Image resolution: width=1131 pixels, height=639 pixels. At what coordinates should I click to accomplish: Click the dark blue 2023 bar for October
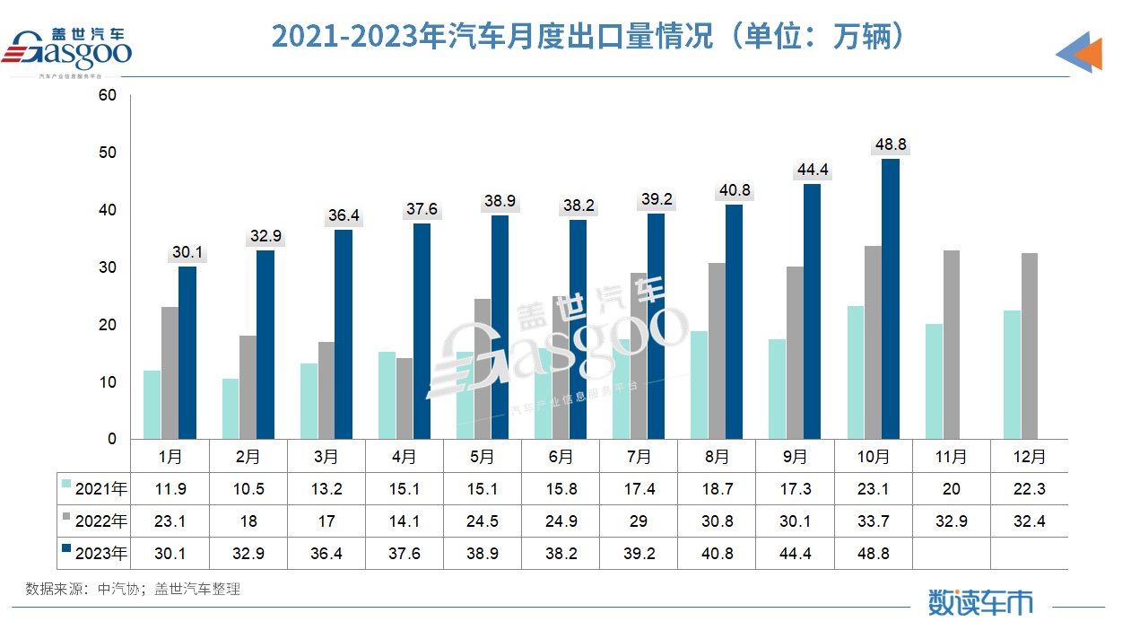[x=890, y=299]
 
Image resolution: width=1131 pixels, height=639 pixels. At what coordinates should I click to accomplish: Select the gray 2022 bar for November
[x=951, y=345]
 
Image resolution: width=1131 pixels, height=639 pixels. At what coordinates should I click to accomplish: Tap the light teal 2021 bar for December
[x=1011, y=374]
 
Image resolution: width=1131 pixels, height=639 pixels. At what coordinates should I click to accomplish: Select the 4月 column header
[x=405, y=457]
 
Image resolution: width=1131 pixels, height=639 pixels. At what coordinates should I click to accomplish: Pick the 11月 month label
[x=951, y=457]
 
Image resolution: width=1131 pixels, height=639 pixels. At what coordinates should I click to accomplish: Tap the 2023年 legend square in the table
[x=66, y=553]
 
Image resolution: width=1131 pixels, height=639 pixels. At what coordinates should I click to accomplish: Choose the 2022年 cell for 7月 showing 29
[x=639, y=521]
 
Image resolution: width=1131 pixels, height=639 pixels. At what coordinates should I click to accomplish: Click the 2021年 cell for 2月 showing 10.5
[x=248, y=489]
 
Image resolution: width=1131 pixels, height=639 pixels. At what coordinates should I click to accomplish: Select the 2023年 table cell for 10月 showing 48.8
[x=873, y=554]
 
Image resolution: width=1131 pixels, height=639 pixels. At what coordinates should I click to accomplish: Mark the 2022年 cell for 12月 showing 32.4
[x=1029, y=521]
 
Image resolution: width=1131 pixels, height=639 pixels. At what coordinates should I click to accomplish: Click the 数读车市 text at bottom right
[x=979, y=602]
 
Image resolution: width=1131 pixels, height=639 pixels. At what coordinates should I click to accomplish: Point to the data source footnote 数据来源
[x=133, y=590]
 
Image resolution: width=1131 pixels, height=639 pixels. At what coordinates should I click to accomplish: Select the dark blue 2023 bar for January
[x=187, y=353]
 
